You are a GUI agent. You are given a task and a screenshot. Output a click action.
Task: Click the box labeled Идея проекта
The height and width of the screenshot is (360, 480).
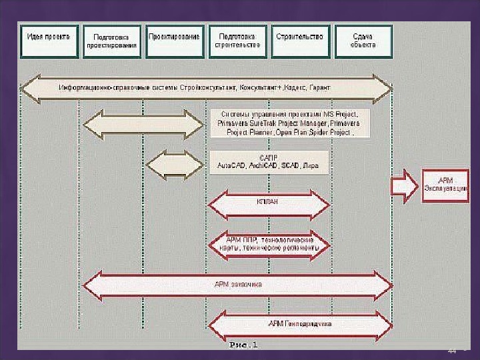[x=49, y=41]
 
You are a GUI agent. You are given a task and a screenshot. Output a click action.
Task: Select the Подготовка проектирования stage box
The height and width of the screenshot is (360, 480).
[x=111, y=41]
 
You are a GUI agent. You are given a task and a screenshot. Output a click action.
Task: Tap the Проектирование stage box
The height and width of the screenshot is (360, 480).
[x=174, y=41]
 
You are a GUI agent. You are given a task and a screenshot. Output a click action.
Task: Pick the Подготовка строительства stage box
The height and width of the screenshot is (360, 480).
[x=237, y=41]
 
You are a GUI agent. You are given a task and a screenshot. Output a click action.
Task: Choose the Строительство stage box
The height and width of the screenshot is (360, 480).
[x=299, y=41]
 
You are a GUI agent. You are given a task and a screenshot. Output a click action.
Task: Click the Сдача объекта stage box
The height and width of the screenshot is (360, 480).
[x=363, y=41]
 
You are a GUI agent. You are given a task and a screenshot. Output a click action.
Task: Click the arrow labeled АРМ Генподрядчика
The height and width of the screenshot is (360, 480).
[x=300, y=325]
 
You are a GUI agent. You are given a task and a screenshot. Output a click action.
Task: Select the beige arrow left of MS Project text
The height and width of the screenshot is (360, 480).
[x=143, y=125]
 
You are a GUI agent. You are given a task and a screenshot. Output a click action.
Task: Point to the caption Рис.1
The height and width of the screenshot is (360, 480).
[x=243, y=345]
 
